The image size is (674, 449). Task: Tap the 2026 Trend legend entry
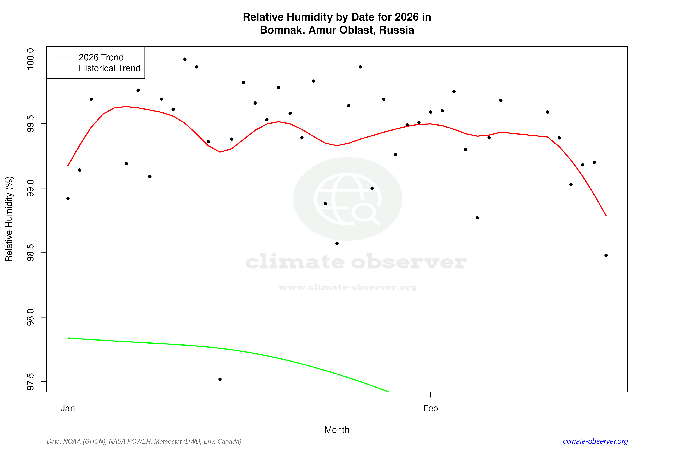101,57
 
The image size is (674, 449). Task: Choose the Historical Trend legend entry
109,68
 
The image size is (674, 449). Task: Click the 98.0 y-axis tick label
30,317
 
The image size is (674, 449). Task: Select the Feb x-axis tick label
430,408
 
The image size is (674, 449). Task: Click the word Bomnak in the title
282,30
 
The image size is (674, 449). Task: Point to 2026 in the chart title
406,17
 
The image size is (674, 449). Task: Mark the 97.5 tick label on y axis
30,382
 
